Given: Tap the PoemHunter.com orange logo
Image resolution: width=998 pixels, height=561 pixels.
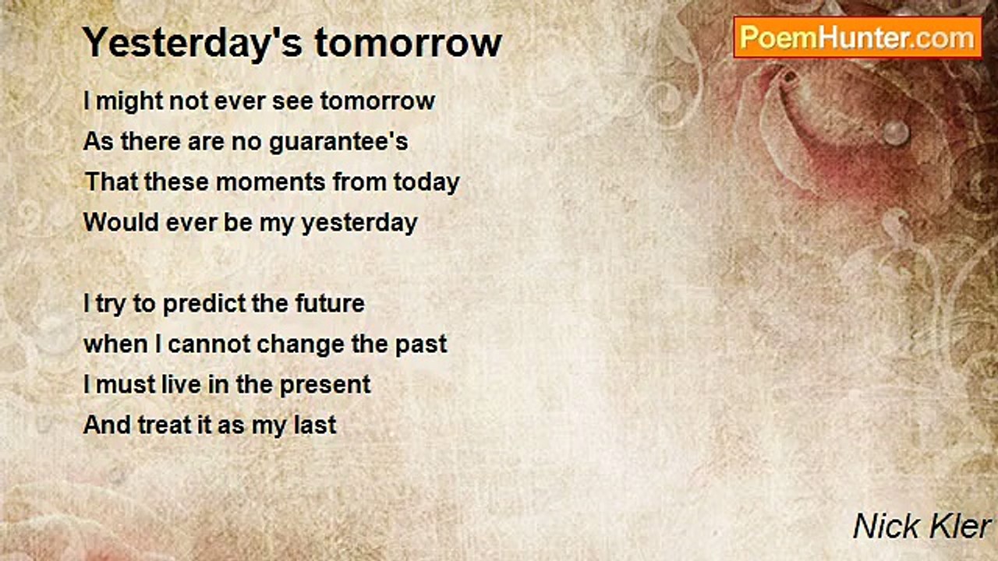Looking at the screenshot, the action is click(858, 37).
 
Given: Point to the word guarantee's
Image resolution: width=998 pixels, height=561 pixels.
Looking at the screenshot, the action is click(338, 143).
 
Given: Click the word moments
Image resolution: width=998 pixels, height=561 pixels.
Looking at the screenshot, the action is click(271, 182).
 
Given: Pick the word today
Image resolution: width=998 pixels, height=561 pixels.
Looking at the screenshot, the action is click(426, 183).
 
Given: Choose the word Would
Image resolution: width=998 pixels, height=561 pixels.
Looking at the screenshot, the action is click(121, 222).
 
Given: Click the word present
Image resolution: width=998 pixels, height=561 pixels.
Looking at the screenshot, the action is click(325, 386).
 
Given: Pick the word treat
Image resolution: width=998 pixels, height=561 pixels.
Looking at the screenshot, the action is click(165, 425).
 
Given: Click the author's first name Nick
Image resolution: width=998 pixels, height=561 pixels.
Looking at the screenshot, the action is click(885, 526).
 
